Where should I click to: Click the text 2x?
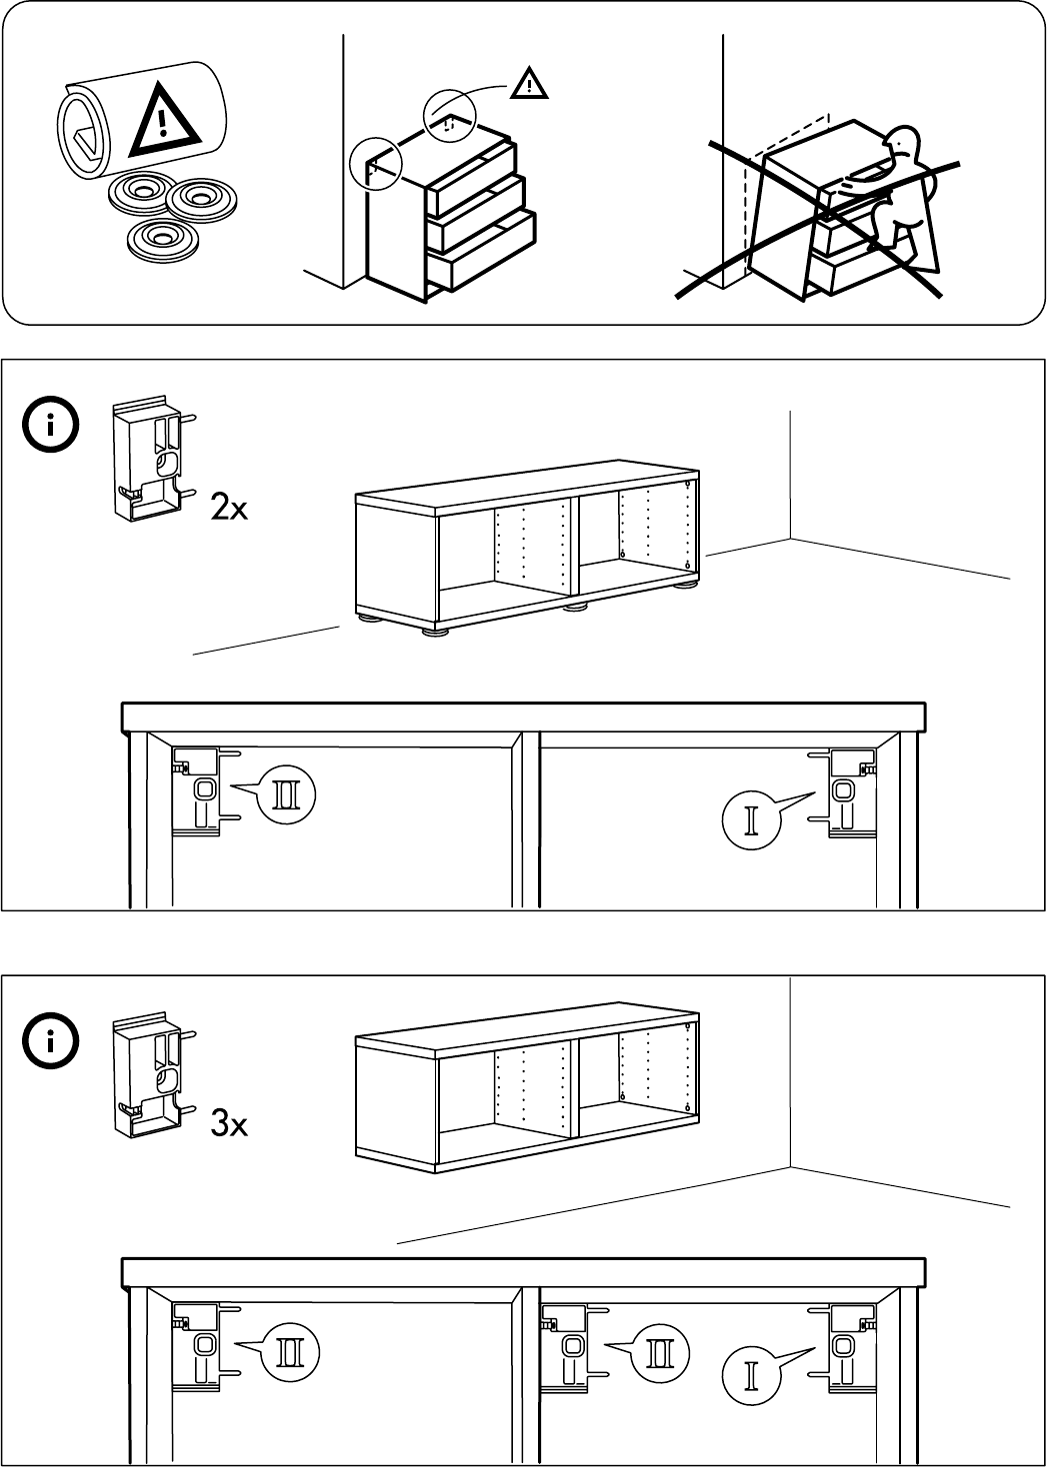pyautogui.click(x=229, y=511)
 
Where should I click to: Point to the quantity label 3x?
pyautogui.click(x=229, y=1125)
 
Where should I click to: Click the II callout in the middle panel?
pyautogui.click(x=287, y=795)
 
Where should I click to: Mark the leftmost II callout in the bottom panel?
pyautogui.click(x=291, y=1352)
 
